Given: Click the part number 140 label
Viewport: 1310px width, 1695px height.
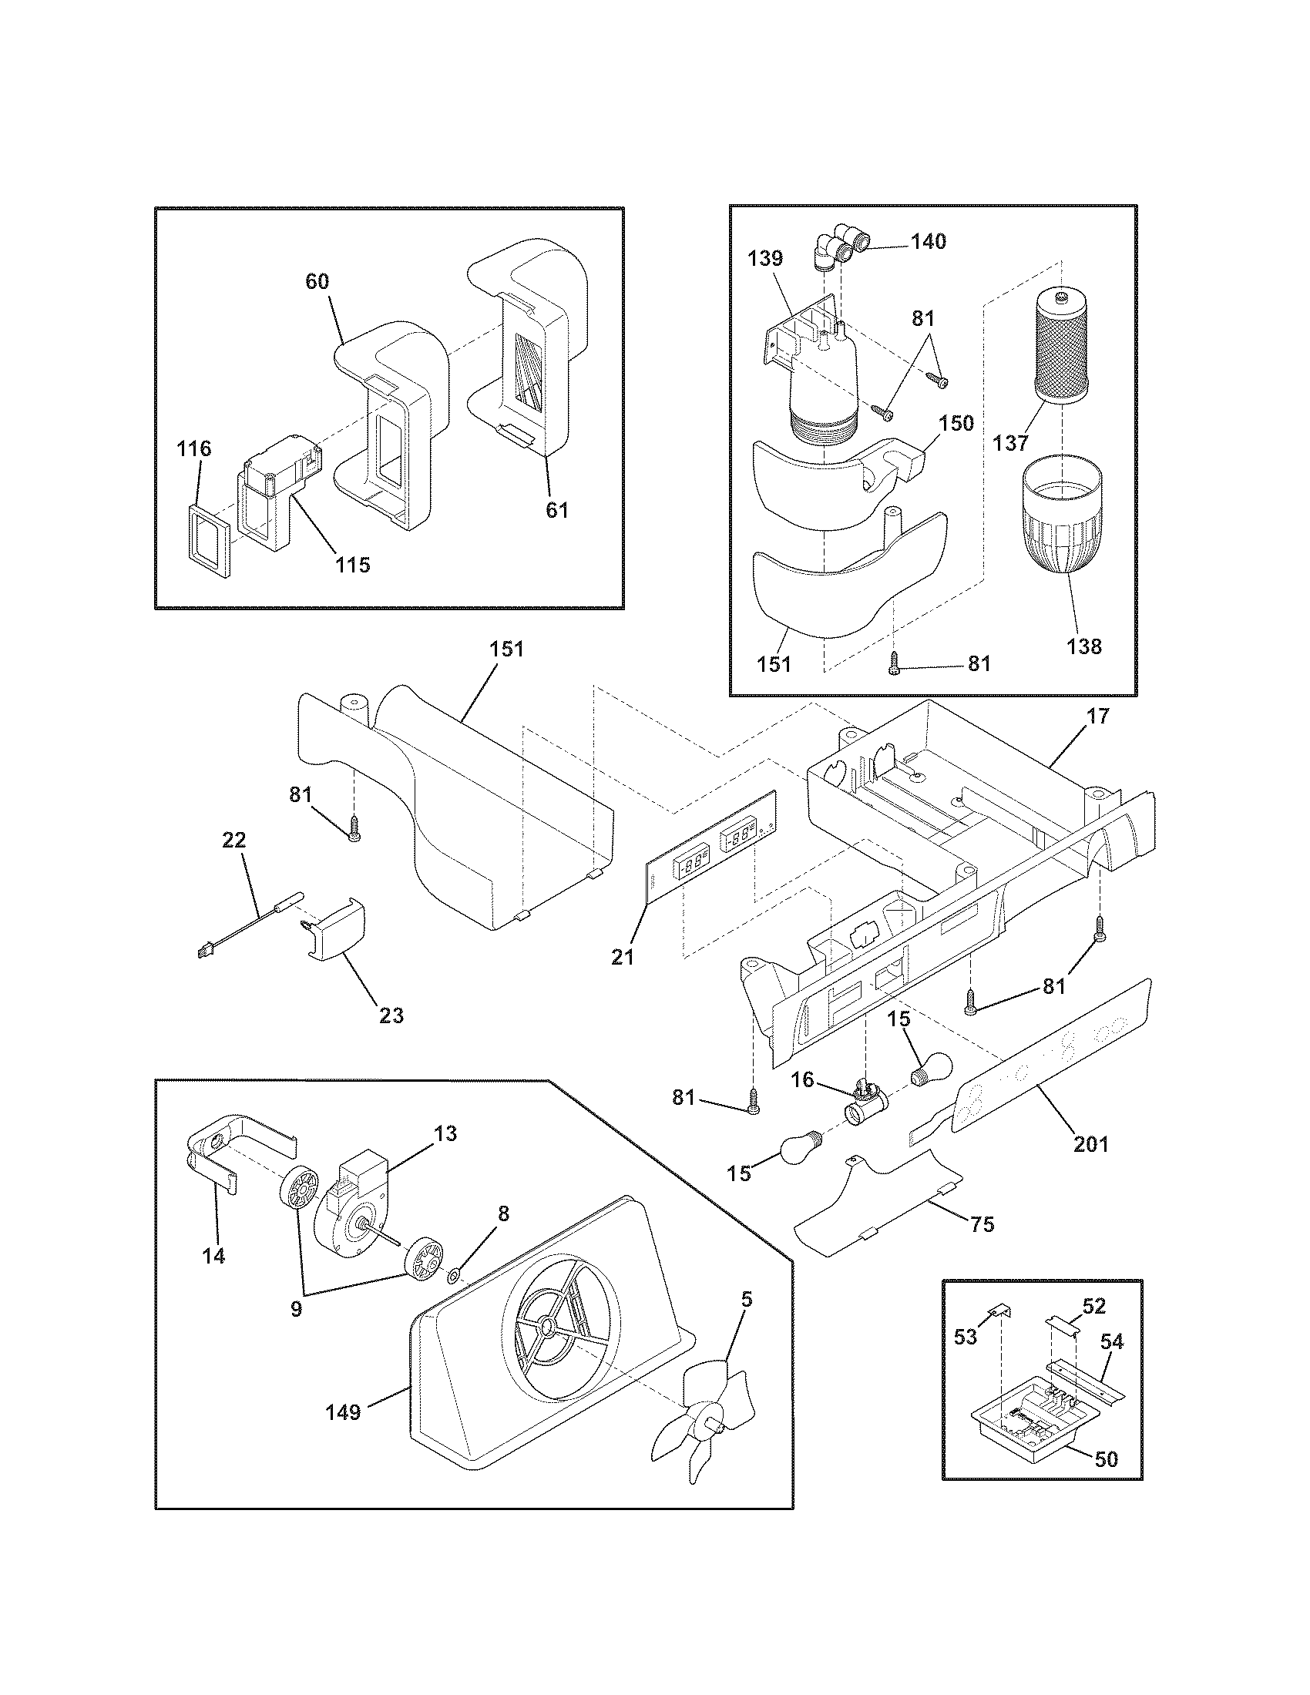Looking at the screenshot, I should coord(929,241).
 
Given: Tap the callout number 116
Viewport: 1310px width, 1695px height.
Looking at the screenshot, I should coord(193,448).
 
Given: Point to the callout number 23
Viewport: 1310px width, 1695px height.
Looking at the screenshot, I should coord(391,1015).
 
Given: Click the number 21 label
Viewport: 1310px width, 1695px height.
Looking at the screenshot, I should coord(623,958).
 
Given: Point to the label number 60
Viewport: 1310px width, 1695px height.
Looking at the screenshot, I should coord(317,282).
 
